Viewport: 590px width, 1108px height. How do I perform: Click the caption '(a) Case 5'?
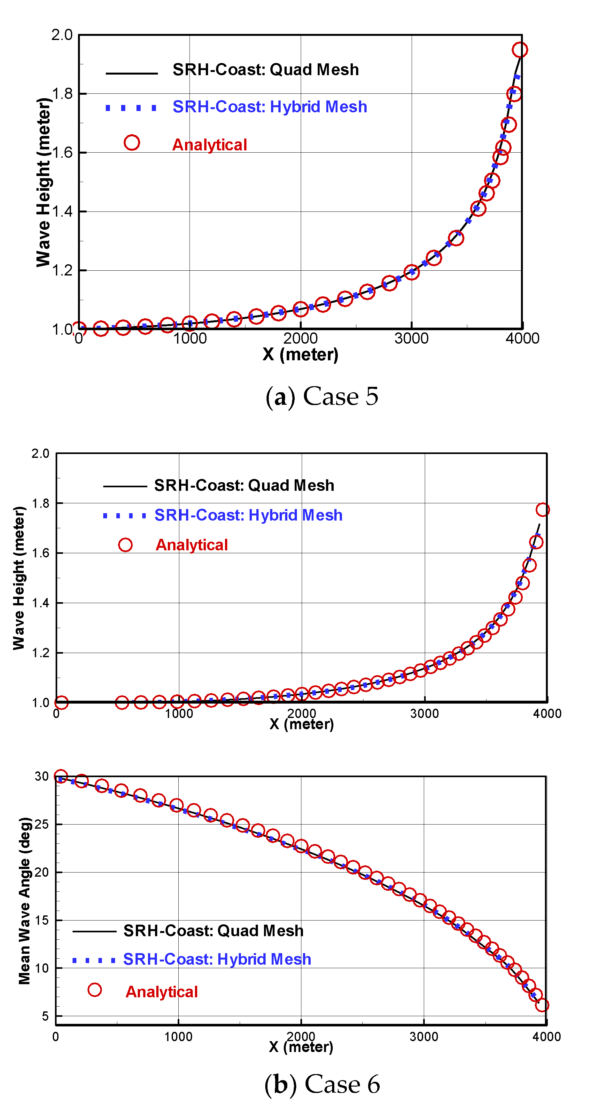pos(322,396)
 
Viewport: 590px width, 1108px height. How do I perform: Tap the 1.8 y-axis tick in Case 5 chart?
pos(62,94)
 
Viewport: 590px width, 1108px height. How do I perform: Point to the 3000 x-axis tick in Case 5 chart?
pos(411,339)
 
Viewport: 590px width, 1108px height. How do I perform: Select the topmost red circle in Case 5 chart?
pos(520,50)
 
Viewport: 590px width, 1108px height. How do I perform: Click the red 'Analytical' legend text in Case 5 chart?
pos(210,145)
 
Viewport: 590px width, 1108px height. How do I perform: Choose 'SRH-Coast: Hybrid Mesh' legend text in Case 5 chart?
pos(269,107)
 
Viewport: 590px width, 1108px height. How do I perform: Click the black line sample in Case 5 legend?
pos(131,74)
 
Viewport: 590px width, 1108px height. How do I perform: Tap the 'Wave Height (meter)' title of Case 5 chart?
pos(43,182)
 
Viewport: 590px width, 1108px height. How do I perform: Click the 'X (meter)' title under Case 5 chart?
pos(300,355)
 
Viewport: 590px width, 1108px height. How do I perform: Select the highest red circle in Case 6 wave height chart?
pos(542,510)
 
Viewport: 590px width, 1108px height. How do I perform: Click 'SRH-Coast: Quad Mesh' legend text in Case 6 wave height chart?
pos(244,486)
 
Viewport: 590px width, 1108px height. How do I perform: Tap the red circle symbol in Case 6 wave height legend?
pos(125,545)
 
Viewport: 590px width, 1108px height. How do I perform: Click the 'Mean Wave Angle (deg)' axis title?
pos(25,901)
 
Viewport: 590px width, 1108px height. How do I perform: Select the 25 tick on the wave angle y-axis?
pos(42,824)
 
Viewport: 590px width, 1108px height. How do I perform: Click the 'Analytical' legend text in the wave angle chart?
pos(162,992)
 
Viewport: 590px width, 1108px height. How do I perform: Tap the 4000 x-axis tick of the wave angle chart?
pos(546,1037)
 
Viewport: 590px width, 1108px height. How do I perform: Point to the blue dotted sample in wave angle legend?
pos(94,961)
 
